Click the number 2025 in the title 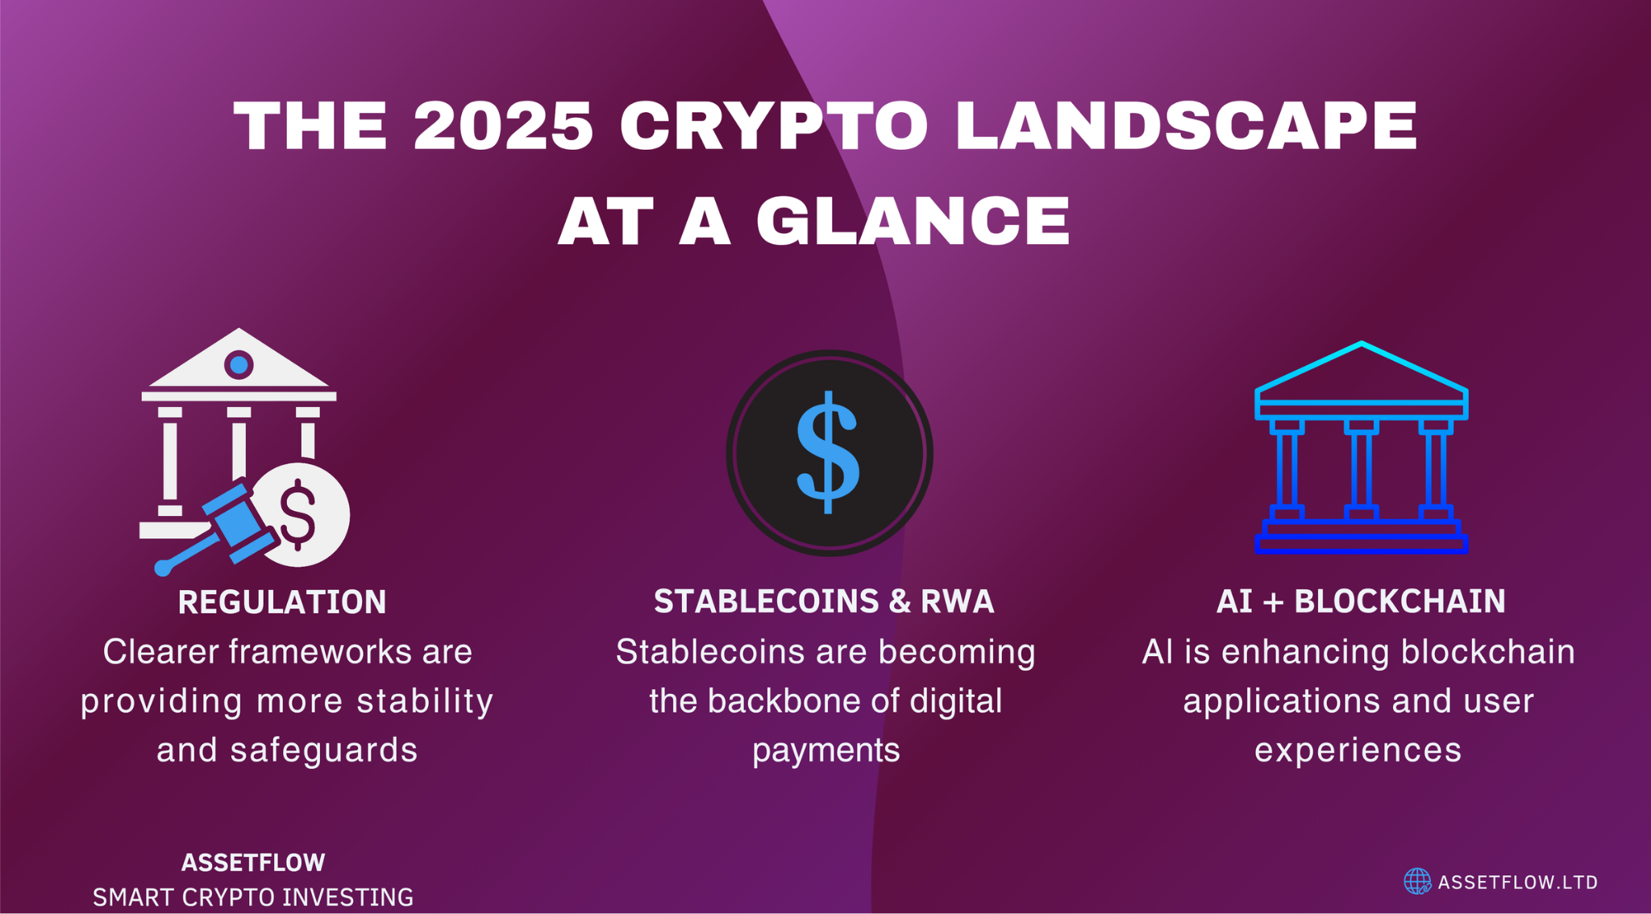pyautogui.click(x=503, y=127)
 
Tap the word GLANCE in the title pyautogui.click(x=913, y=221)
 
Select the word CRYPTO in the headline pyautogui.click(x=774, y=127)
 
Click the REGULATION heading pyautogui.click(x=282, y=602)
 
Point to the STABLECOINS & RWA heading pyautogui.click(x=824, y=601)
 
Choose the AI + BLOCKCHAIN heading pyautogui.click(x=1361, y=601)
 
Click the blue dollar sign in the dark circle pyautogui.click(x=828, y=452)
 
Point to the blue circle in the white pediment pyautogui.click(x=239, y=365)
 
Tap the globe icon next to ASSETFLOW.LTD pyautogui.click(x=1416, y=882)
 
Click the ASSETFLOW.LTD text pyautogui.click(x=1517, y=883)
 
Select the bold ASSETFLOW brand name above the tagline pyautogui.click(x=253, y=862)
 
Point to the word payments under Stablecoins pyautogui.click(x=825, y=750)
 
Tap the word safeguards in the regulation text pyautogui.click(x=324, y=750)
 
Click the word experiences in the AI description pyautogui.click(x=1358, y=750)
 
